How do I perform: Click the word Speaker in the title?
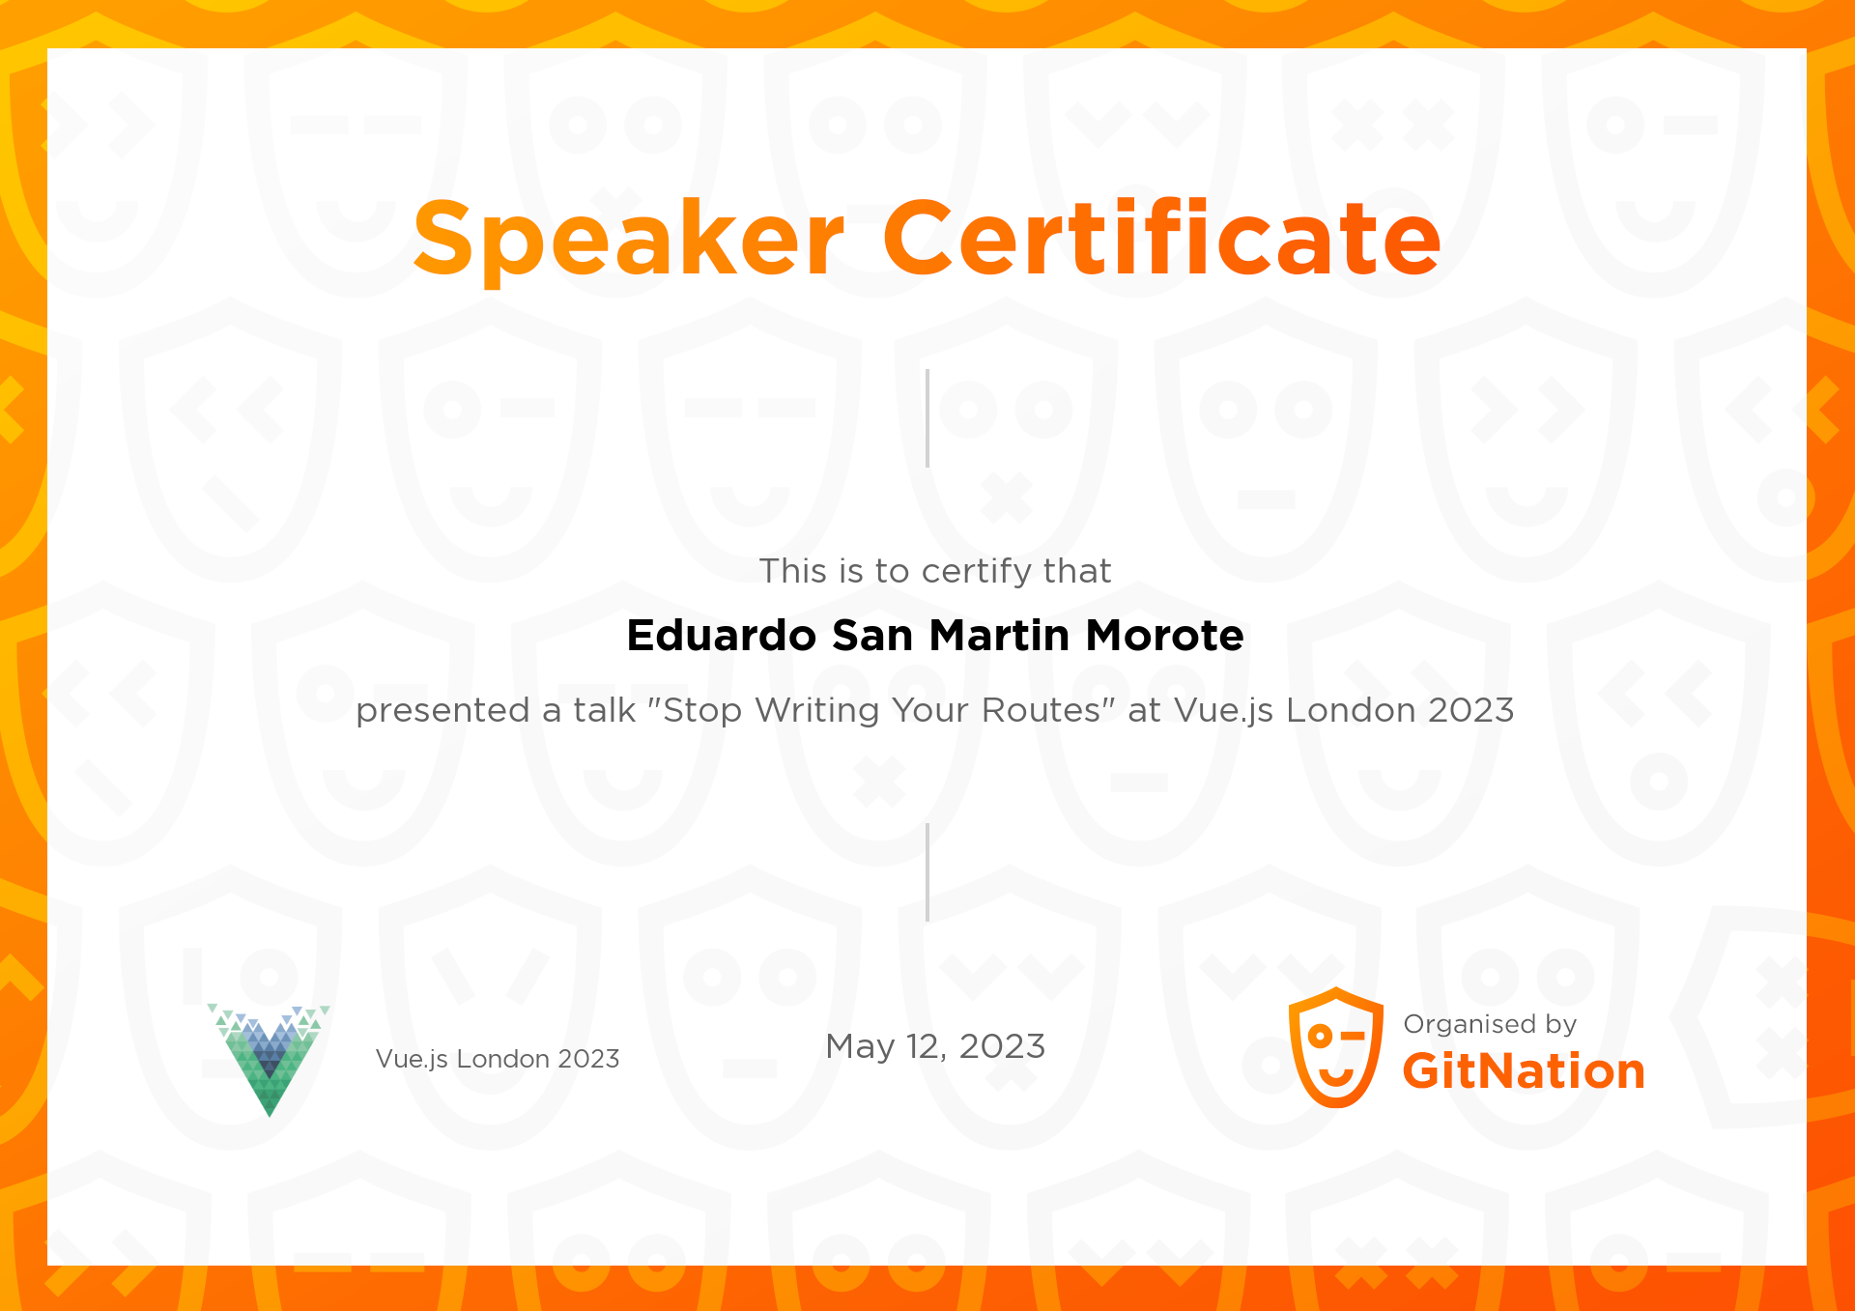point(629,239)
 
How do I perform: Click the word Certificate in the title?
point(1162,237)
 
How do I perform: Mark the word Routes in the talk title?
point(1042,710)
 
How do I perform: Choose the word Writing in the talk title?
point(817,711)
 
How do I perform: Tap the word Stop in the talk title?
point(702,711)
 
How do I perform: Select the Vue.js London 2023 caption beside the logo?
point(498,1059)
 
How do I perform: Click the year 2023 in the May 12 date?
point(1002,1046)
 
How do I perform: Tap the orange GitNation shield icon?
point(1336,1047)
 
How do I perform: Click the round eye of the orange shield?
point(1320,1037)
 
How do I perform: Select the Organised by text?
point(1490,1025)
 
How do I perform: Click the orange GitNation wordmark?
point(1524,1071)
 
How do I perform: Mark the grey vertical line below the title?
point(927,418)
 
